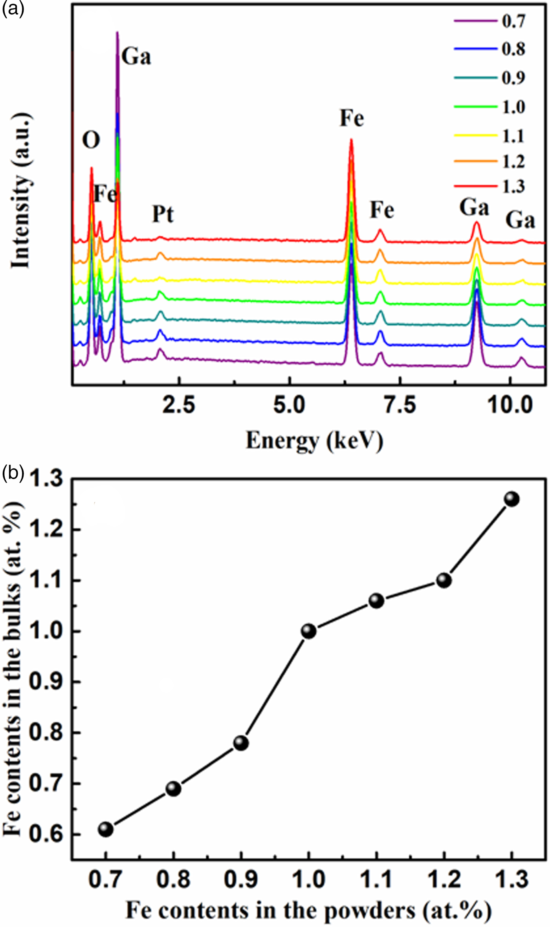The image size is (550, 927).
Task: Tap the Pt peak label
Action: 163,215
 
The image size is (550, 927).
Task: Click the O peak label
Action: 91,140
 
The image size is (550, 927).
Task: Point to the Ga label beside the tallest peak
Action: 136,57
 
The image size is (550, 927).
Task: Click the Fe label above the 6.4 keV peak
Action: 352,118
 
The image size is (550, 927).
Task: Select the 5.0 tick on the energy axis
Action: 289,405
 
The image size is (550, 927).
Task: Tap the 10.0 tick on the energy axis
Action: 510,405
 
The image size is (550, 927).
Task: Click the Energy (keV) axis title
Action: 314,441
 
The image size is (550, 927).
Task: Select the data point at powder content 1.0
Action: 309,631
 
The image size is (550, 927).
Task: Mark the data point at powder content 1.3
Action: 511,499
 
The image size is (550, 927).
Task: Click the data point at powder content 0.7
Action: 106,830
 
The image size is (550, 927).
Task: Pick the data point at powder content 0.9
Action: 241,743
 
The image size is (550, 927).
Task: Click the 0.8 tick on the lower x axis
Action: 173,879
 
